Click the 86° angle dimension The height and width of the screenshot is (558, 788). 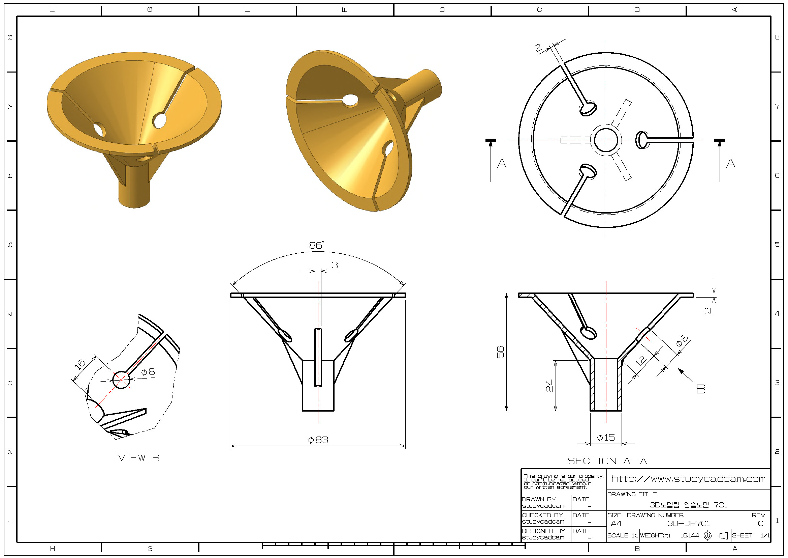click(316, 245)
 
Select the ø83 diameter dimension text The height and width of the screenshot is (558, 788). click(318, 440)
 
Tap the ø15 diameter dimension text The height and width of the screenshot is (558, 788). click(606, 438)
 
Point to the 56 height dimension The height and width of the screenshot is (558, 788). click(501, 352)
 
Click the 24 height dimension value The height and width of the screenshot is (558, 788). click(549, 386)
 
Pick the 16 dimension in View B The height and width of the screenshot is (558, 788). click(80, 364)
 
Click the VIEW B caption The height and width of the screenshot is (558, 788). click(139, 458)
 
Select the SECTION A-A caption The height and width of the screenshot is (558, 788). click(607, 461)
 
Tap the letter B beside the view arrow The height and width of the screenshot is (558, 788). click(700, 389)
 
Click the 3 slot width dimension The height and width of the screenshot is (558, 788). click(335, 265)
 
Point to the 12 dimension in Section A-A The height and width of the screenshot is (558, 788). click(640, 361)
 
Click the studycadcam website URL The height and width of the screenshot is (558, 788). click(689, 479)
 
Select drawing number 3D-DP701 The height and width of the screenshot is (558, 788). click(688, 523)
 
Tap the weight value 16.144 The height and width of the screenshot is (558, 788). click(690, 535)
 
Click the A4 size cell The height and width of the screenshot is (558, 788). click(616, 523)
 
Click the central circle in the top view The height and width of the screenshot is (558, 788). click(606, 140)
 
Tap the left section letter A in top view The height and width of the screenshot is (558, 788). click(502, 163)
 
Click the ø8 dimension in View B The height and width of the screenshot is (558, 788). click(148, 372)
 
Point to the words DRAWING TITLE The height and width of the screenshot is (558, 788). click(632, 494)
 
